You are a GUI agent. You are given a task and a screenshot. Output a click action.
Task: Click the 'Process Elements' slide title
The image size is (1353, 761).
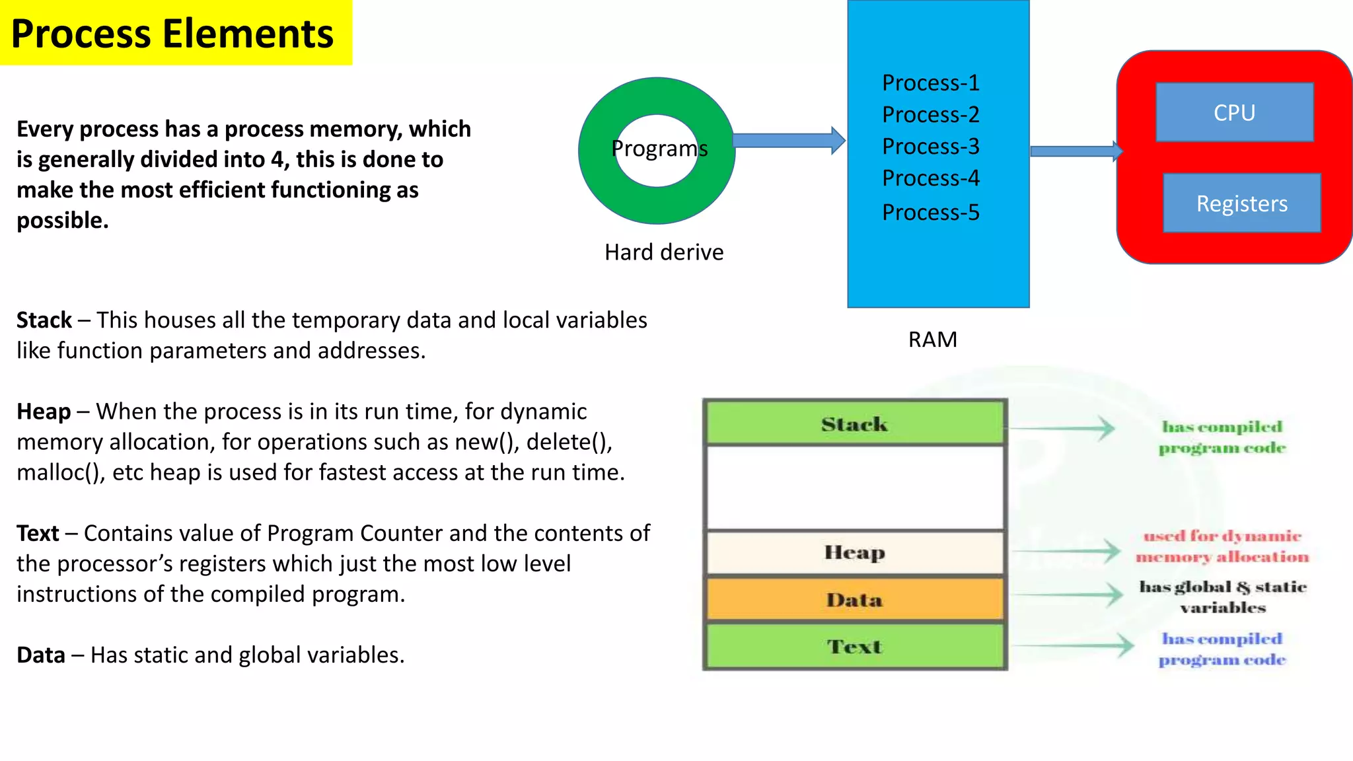click(x=173, y=34)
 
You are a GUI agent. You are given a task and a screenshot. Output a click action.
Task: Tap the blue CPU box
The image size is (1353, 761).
click(x=1234, y=112)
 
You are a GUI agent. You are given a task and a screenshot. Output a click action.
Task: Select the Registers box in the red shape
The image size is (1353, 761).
click(x=1241, y=203)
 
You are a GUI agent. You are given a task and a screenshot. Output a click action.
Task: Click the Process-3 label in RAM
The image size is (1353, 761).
click(x=930, y=146)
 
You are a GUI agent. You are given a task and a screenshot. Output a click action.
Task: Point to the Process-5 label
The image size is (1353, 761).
click(x=930, y=212)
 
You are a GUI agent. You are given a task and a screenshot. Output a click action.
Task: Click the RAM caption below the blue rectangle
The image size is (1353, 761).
click(x=932, y=340)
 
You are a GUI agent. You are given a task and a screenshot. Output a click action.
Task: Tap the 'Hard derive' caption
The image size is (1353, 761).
click(x=663, y=252)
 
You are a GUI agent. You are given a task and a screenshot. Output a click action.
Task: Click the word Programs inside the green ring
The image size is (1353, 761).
click(x=659, y=149)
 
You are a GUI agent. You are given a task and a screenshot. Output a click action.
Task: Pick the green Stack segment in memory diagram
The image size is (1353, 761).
click(x=854, y=423)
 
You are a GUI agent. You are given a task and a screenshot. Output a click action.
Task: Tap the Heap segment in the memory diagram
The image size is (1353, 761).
click(x=854, y=552)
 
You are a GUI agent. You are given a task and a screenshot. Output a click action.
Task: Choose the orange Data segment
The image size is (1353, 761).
click(x=854, y=600)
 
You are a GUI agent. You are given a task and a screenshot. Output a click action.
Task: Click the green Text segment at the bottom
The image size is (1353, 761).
click(x=854, y=646)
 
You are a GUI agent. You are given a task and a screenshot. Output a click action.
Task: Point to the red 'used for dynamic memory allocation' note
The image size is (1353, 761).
click(x=1222, y=546)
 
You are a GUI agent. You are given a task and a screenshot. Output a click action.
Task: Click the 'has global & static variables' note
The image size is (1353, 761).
click(x=1223, y=597)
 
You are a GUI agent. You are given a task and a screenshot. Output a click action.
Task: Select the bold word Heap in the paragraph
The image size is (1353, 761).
click(x=44, y=412)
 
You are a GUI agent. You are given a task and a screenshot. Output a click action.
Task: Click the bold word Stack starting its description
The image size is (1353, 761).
click(x=44, y=320)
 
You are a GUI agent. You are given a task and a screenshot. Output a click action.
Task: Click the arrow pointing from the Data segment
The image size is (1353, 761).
click(x=1067, y=595)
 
